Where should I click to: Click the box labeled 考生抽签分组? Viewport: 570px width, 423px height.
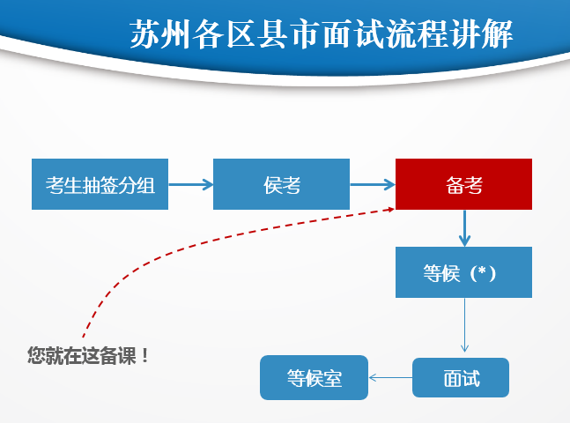click(x=100, y=184)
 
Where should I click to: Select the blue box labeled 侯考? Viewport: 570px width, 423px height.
click(x=281, y=184)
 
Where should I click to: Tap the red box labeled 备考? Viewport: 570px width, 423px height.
click(x=463, y=184)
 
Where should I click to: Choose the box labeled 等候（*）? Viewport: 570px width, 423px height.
click(x=463, y=272)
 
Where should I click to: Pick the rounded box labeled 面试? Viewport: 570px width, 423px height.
click(x=461, y=378)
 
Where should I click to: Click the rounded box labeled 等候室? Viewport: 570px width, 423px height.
click(x=314, y=378)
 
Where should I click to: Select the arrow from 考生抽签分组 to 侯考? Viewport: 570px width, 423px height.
click(x=190, y=184)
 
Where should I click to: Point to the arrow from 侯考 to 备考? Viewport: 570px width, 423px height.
click(x=372, y=184)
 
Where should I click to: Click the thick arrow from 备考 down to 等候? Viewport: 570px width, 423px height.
click(x=464, y=228)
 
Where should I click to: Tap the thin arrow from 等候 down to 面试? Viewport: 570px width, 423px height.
click(x=464, y=326)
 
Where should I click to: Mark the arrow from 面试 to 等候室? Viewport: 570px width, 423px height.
click(x=389, y=378)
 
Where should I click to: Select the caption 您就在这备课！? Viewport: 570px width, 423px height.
click(x=88, y=356)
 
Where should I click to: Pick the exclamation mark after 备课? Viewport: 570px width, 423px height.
click(x=144, y=356)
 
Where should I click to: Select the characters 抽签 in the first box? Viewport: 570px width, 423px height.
click(x=100, y=184)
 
